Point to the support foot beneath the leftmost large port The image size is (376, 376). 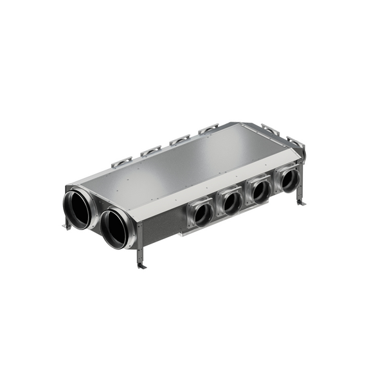click(67, 225)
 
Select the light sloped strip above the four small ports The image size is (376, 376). click(238, 181)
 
